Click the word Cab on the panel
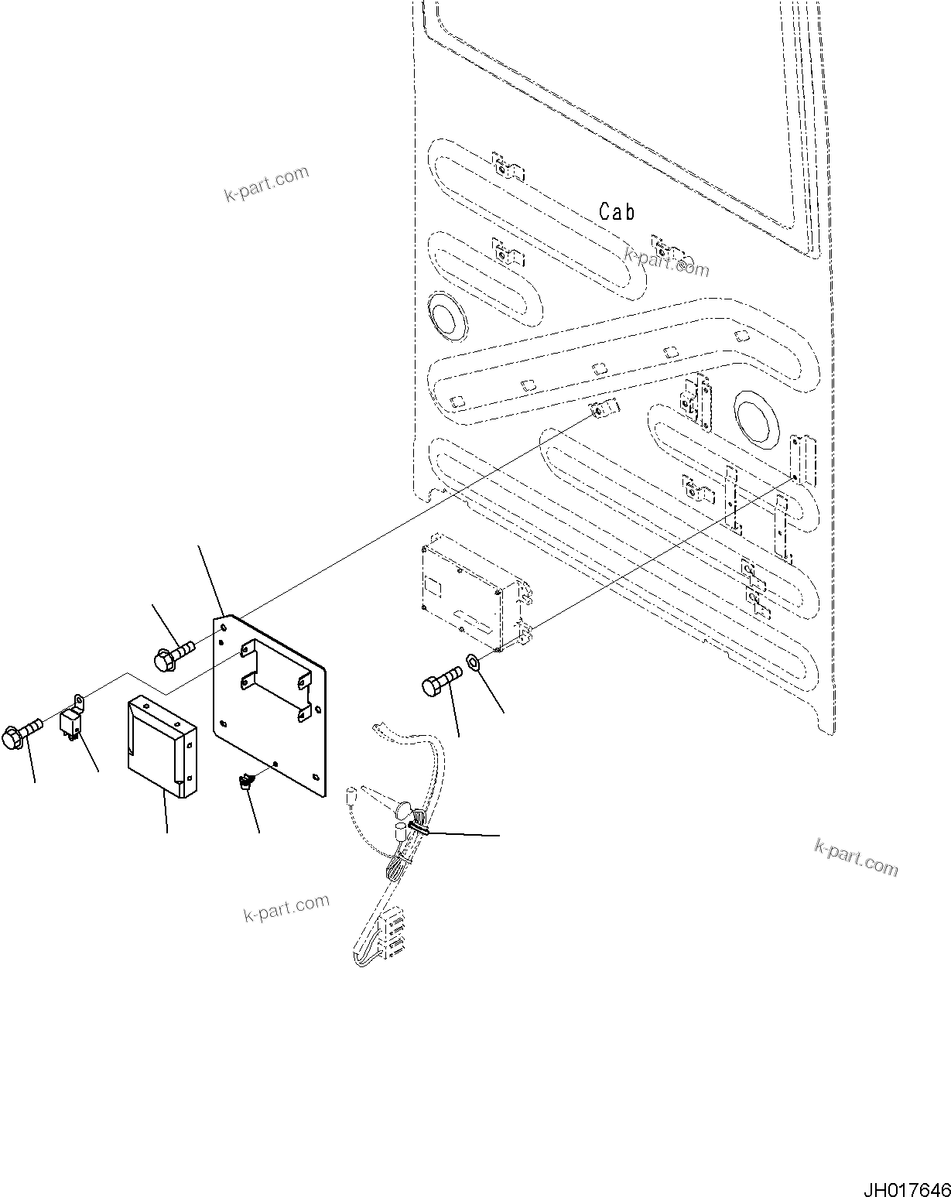pyautogui.click(x=617, y=212)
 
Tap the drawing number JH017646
pyautogui.click(x=905, y=1185)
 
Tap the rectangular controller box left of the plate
pyautogui.click(x=160, y=745)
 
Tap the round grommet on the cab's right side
pyautogui.click(x=752, y=419)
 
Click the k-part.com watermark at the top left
pyautogui.click(x=266, y=183)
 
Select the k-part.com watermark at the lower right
pyautogui.click(x=856, y=857)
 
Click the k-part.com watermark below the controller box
pyautogui.click(x=286, y=907)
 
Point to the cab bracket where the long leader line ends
pyautogui.click(x=602, y=409)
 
